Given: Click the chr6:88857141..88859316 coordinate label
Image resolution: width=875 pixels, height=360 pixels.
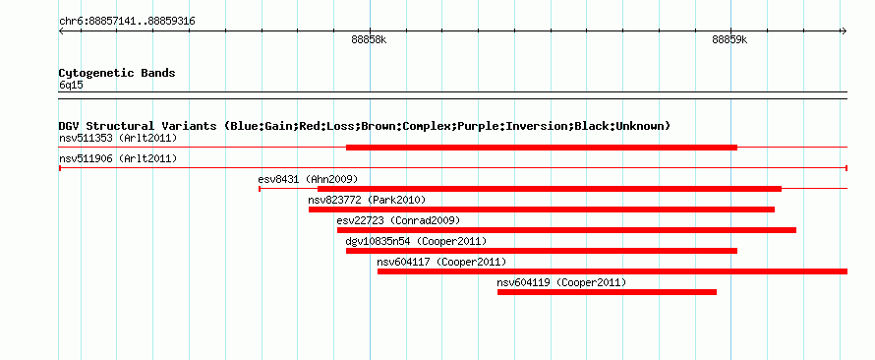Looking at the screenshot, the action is pyautogui.click(x=127, y=22).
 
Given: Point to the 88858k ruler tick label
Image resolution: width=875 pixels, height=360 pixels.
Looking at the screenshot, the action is pyautogui.click(x=369, y=39).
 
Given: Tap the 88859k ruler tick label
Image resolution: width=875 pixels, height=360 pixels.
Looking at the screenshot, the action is pyautogui.click(x=729, y=39).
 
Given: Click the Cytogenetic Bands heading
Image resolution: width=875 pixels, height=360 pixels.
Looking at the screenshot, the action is pyautogui.click(x=117, y=73).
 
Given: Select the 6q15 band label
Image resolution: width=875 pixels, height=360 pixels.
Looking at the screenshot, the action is pyautogui.click(x=71, y=86).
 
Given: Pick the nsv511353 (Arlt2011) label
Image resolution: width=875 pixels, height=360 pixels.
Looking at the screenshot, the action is pyautogui.click(x=118, y=138).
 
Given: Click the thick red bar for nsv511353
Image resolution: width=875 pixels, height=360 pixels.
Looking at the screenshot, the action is pyautogui.click(x=542, y=148).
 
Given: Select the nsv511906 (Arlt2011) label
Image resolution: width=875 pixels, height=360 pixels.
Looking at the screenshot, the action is pyautogui.click(x=118, y=159).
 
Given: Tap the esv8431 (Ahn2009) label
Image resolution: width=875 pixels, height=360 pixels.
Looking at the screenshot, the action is pyautogui.click(x=308, y=179).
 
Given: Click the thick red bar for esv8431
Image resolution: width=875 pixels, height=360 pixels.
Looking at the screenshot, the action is pyautogui.click(x=550, y=189).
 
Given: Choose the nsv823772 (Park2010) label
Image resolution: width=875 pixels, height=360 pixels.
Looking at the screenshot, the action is pyautogui.click(x=367, y=200).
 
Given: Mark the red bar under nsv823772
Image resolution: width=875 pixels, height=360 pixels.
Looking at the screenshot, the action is pyautogui.click(x=542, y=210).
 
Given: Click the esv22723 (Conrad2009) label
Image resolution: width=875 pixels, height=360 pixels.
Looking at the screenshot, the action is pyautogui.click(x=398, y=220).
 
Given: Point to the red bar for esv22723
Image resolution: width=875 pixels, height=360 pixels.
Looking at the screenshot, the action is pyautogui.click(x=566, y=230).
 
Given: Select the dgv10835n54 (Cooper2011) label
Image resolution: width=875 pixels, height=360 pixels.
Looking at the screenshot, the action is pyautogui.click(x=416, y=241).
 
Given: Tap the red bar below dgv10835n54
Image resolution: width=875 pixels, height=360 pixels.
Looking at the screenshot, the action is pyautogui.click(x=542, y=251).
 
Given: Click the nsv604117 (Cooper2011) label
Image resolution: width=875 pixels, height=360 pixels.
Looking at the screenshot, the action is pyautogui.click(x=441, y=262).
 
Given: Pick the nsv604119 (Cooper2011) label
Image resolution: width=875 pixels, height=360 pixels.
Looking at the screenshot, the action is pyautogui.click(x=561, y=282).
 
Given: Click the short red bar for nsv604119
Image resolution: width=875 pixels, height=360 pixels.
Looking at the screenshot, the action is pyautogui.click(x=607, y=292).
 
